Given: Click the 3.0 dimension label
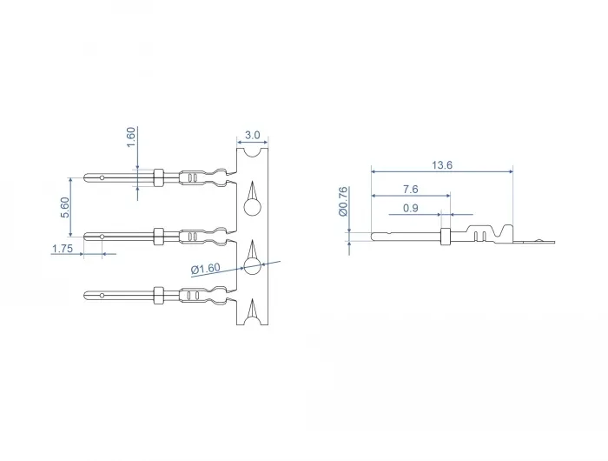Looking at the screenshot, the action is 253,135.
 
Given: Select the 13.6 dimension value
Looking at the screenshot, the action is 442,165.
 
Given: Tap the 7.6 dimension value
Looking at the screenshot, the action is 411,189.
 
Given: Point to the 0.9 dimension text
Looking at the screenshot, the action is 411,208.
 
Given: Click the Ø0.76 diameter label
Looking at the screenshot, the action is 343,201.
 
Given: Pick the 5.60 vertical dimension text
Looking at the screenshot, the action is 65,207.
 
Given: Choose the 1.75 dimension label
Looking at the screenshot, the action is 63,249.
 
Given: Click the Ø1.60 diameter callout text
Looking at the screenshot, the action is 206,269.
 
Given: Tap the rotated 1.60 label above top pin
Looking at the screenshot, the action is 131,137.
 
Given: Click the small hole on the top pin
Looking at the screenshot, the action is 102,177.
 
